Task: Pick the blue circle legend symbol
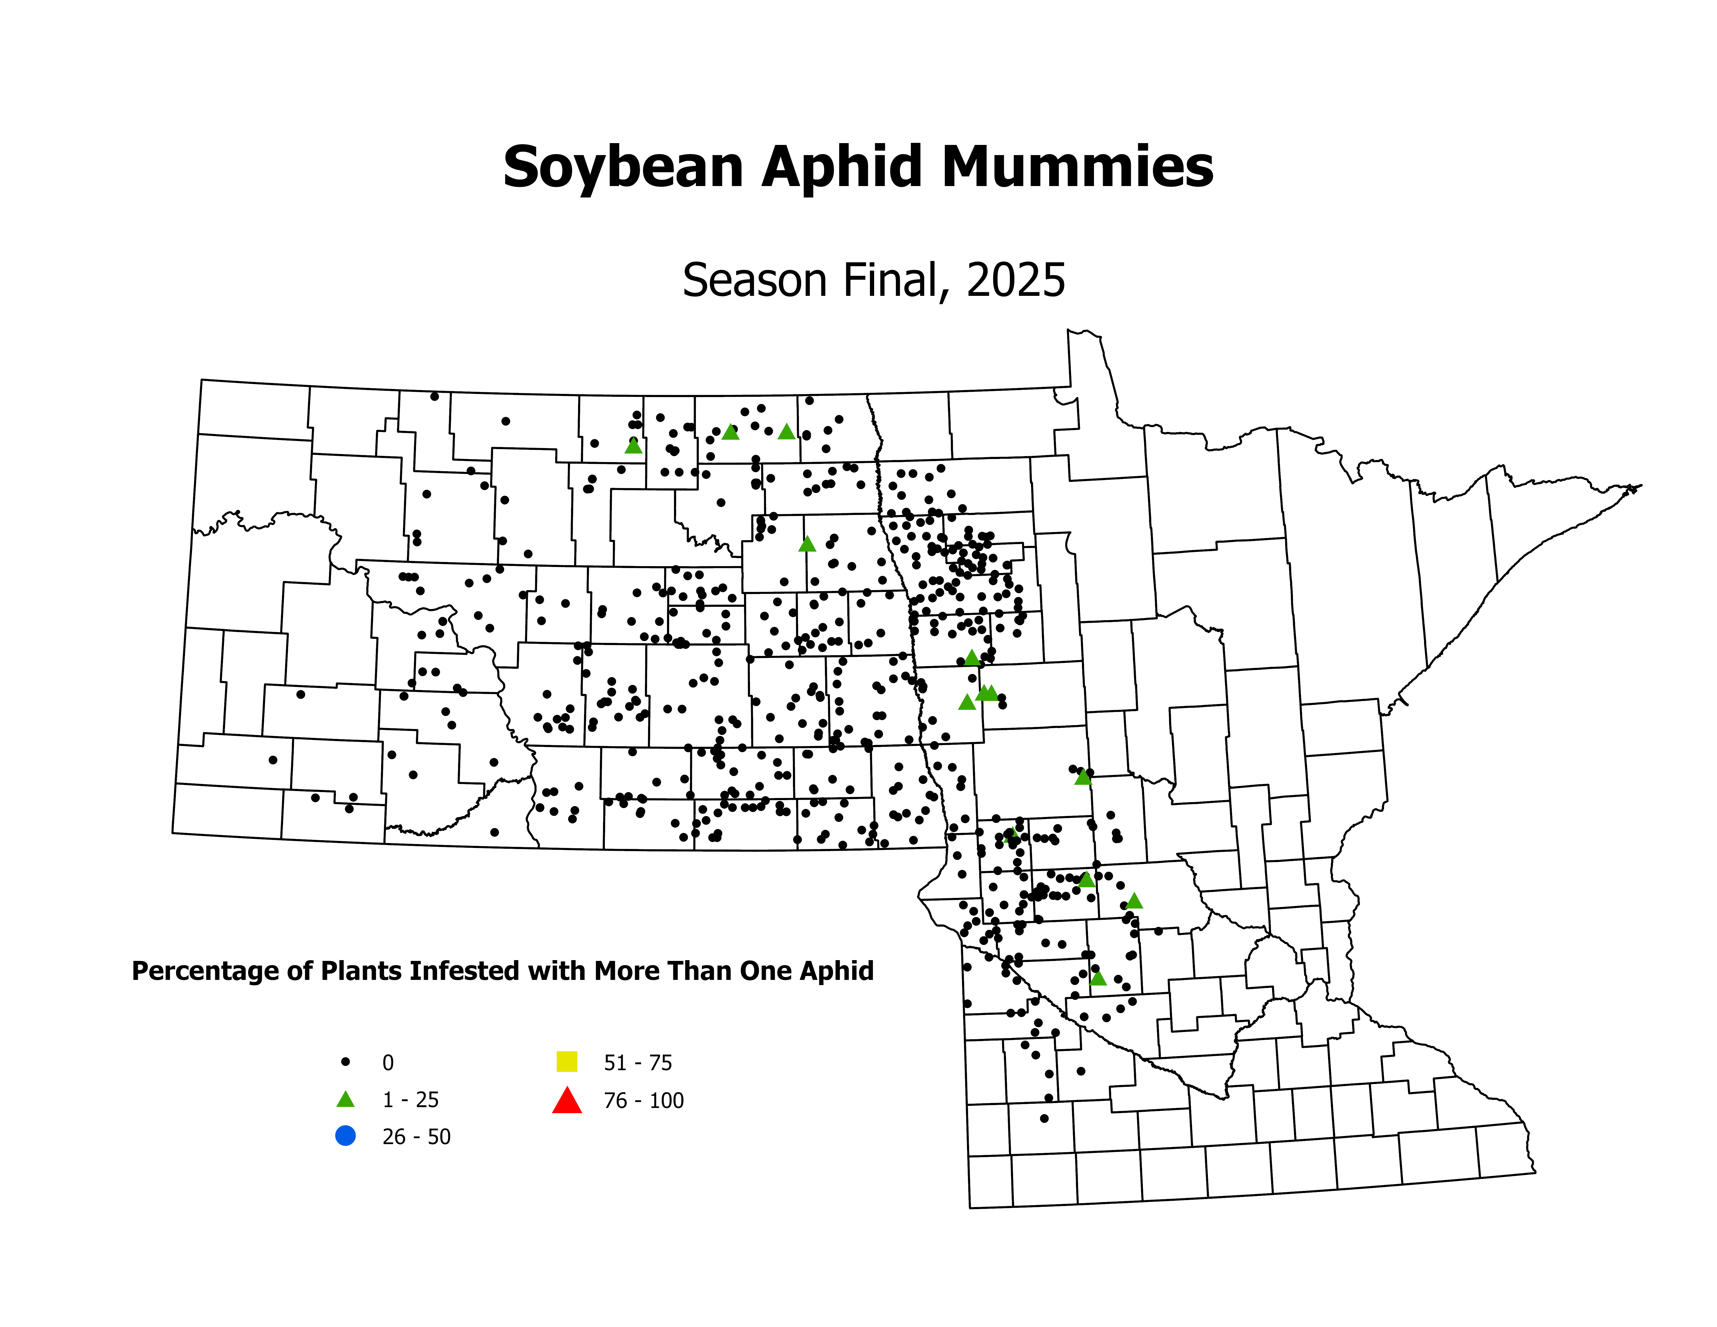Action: pos(345,1136)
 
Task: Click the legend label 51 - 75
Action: pos(638,1063)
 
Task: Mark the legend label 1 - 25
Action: pos(410,1100)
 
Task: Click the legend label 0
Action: pos(388,1063)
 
